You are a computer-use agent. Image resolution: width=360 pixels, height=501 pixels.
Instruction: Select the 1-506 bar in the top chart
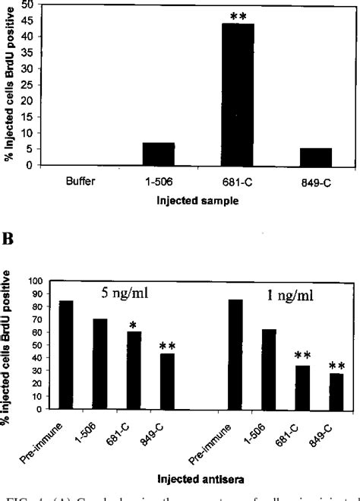[x=158, y=154]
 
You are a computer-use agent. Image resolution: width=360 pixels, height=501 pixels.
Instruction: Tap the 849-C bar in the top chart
[x=316, y=156]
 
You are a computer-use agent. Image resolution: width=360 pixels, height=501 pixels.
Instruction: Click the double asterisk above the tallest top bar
[x=238, y=15]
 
